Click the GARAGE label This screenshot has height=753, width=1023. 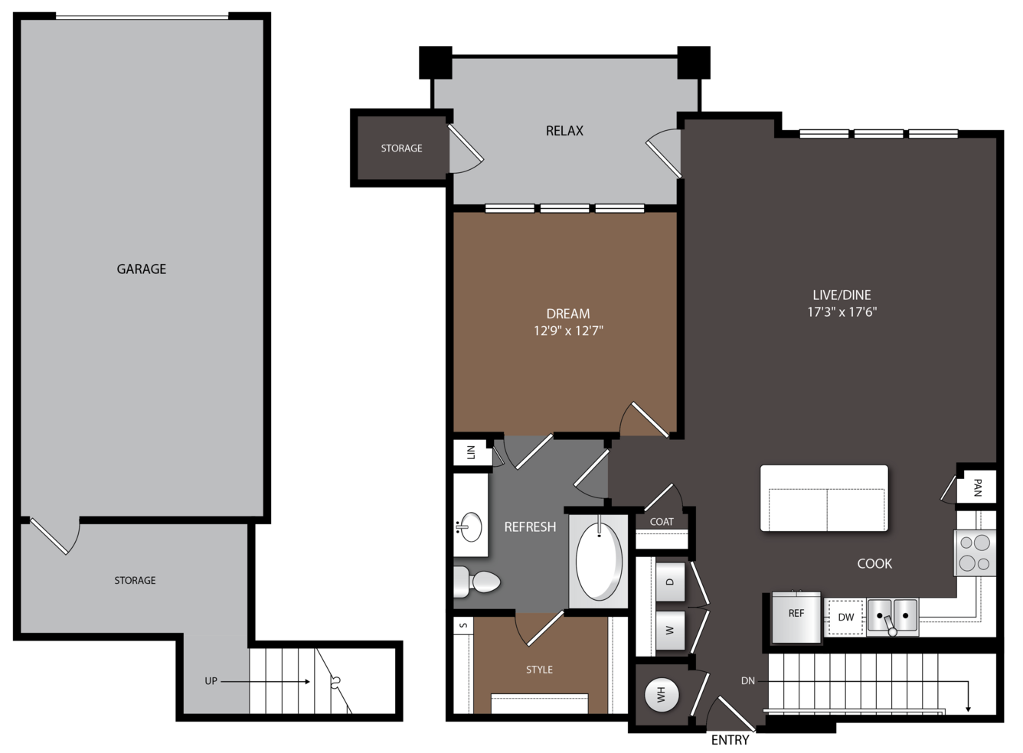(x=141, y=269)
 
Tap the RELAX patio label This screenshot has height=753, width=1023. (x=564, y=131)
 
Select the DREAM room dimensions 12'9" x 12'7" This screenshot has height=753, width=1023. (x=568, y=331)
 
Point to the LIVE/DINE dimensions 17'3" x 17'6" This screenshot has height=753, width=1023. (x=842, y=312)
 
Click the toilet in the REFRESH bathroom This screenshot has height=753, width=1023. (x=476, y=582)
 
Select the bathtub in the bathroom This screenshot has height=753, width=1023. (x=599, y=562)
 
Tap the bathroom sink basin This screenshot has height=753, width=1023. (x=470, y=526)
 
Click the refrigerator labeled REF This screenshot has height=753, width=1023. (x=796, y=617)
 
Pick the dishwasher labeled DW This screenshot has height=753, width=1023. (x=845, y=617)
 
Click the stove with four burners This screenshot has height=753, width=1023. (x=975, y=553)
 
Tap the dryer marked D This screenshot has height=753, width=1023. (x=670, y=582)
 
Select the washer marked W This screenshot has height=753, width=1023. (x=670, y=631)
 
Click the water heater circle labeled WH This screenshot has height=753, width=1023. (x=662, y=695)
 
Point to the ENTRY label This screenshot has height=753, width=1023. (x=730, y=740)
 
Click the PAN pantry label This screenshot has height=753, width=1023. (x=977, y=488)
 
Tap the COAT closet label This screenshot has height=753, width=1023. (x=662, y=522)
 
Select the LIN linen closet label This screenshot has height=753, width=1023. (x=471, y=452)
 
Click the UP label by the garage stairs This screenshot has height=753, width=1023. (x=211, y=681)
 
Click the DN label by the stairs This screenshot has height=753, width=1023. (x=747, y=681)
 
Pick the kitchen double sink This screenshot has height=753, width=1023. (x=892, y=617)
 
